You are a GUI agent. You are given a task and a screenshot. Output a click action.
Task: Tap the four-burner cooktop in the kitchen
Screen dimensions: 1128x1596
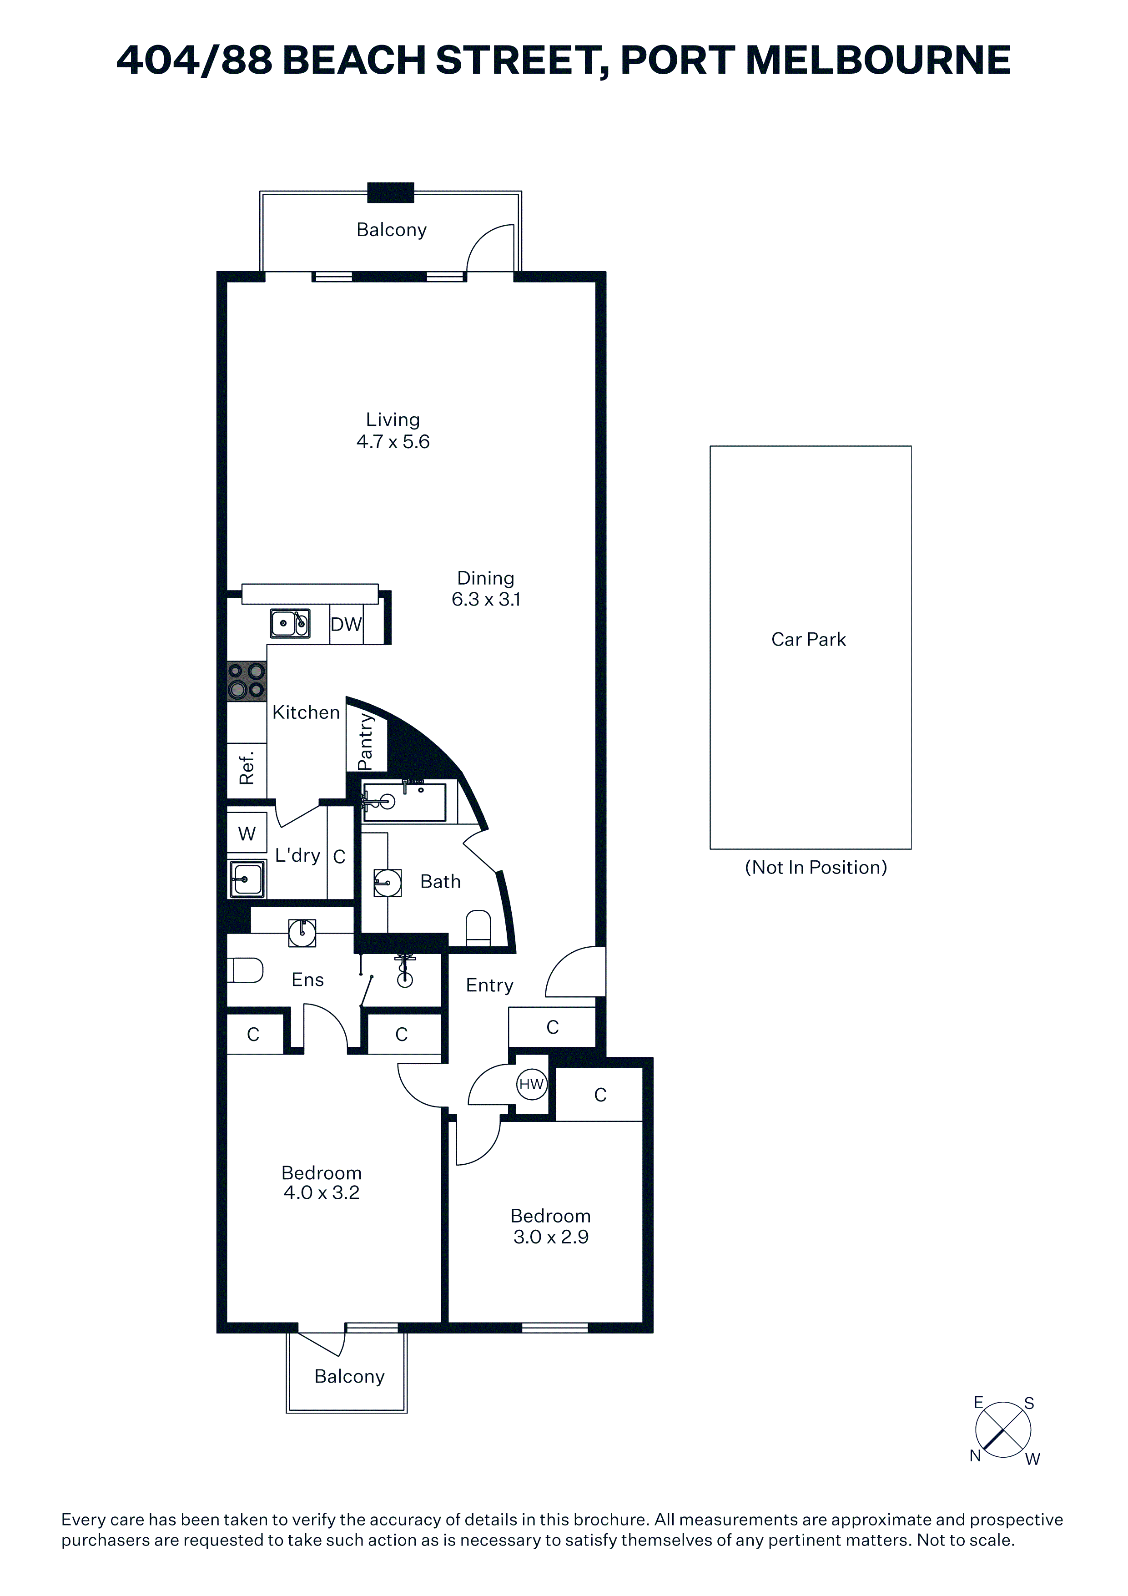coord(247,681)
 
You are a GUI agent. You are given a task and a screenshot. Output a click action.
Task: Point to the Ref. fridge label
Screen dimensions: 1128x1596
coord(247,768)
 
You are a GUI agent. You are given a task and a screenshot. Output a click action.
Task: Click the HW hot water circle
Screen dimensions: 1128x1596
coord(532,1084)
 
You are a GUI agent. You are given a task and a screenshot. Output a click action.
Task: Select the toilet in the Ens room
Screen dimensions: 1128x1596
coord(245,970)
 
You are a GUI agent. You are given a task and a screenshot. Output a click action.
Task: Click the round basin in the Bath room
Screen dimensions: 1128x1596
coord(388,883)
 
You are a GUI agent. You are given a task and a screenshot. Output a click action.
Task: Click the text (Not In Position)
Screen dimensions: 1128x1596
coord(816,868)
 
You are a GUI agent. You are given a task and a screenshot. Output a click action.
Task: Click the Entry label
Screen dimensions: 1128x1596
coord(489,986)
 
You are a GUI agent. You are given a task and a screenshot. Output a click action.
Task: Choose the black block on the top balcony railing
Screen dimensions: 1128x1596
coord(391,192)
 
